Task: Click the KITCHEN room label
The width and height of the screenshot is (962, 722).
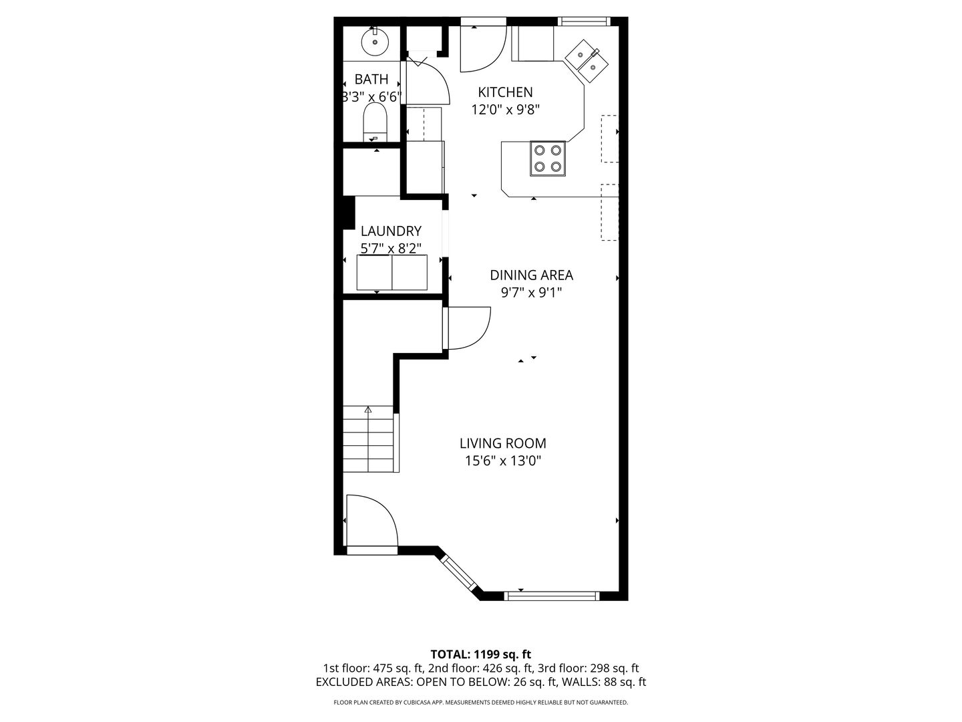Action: coord(505,92)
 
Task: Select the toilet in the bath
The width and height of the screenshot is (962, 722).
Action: coord(375,122)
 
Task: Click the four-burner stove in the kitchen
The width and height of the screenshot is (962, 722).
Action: coord(547,158)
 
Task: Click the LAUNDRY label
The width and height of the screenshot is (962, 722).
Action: coord(391,231)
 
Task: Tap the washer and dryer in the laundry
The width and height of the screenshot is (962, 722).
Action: coord(391,272)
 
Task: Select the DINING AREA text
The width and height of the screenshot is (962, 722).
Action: coord(531,275)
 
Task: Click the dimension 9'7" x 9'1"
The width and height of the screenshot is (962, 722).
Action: coord(531,292)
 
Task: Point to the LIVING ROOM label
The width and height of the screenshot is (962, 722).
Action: coord(502,443)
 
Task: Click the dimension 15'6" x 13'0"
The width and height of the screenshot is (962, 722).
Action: coord(502,461)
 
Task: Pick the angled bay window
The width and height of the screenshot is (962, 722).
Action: coord(458,573)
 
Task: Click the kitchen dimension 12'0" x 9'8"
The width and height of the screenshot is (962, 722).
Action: coord(505,110)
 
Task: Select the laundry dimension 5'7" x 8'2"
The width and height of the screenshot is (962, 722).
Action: coord(391,249)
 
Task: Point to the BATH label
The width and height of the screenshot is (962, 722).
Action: coord(371,80)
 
